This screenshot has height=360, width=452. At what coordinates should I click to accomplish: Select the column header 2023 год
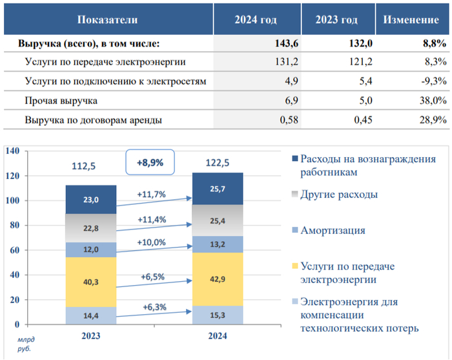336,20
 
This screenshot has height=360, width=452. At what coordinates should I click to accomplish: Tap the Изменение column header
411,20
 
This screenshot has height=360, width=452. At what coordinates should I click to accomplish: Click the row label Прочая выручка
61,101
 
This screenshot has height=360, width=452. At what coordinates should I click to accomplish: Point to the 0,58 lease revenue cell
267,120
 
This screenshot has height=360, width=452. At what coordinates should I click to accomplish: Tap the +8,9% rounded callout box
150,163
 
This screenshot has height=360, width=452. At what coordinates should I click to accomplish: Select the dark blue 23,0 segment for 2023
91,200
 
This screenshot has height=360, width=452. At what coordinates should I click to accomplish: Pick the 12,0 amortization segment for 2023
91,249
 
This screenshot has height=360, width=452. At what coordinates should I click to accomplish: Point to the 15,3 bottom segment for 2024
217,315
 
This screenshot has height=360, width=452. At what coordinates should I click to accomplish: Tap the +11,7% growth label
152,193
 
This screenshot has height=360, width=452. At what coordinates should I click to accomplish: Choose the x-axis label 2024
217,336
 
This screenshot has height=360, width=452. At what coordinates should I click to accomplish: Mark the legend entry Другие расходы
338,194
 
